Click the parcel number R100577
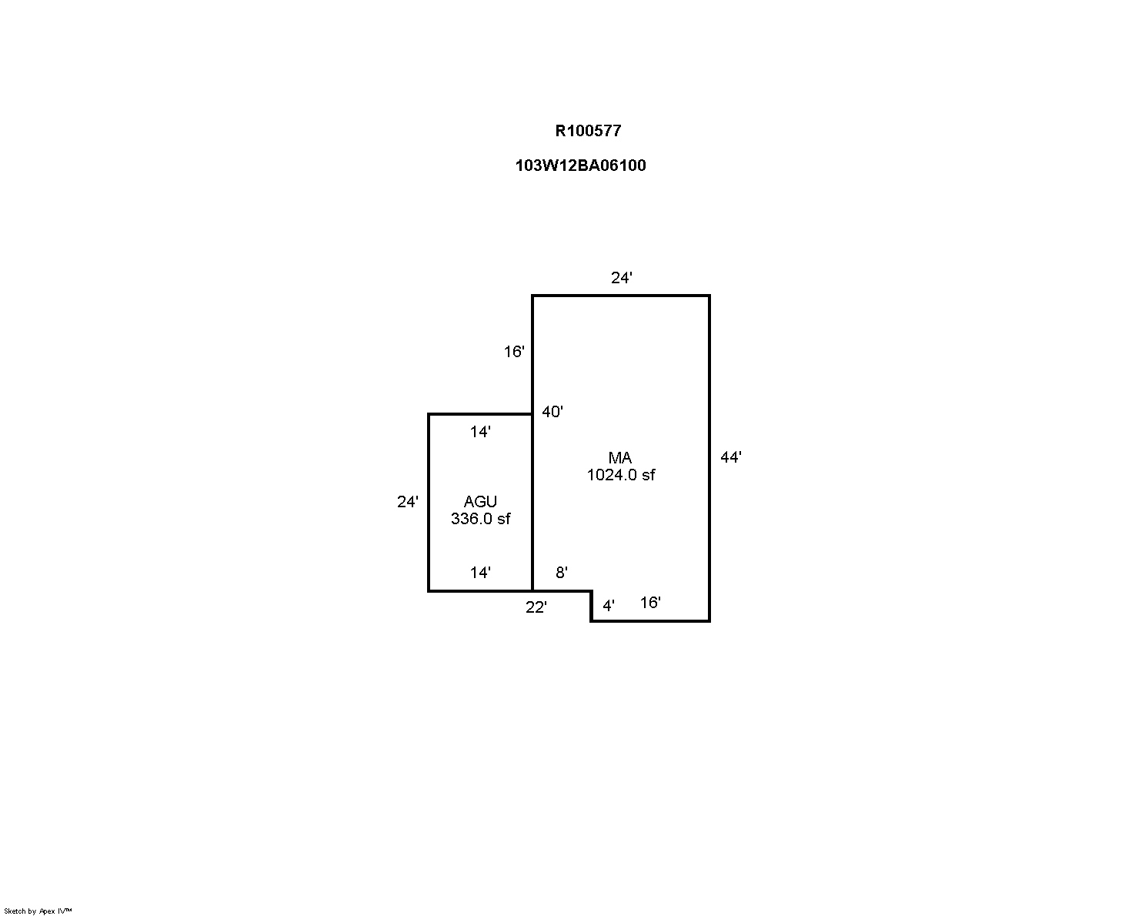[588, 131]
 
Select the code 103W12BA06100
[580, 165]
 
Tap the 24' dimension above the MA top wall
[621, 278]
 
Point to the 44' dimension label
[730, 457]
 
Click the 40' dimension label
[552, 411]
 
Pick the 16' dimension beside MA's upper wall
[514, 352]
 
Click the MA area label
[620, 458]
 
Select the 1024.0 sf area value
[620, 475]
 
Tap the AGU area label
[480, 502]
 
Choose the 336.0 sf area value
[480, 519]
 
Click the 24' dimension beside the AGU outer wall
[408, 502]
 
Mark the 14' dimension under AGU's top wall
[480, 432]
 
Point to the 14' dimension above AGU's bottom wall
[480, 573]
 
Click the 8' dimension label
[562, 573]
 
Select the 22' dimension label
[536, 607]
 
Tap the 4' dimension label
[609, 606]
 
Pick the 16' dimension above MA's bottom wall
[650, 603]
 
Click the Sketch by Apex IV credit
[38, 911]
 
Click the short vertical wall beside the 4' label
[592, 607]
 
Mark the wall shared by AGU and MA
[532, 503]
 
